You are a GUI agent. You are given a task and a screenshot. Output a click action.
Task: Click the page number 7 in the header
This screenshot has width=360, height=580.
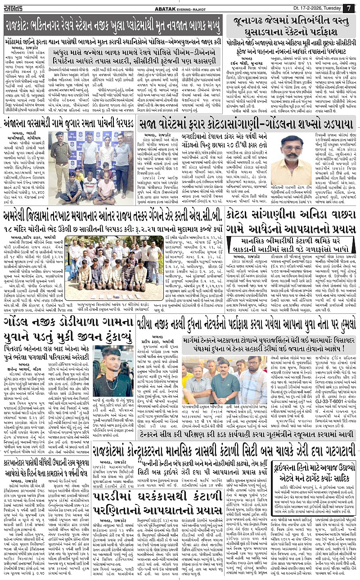coord(349,8)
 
